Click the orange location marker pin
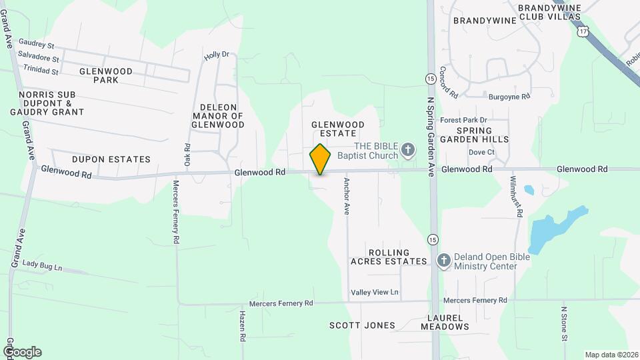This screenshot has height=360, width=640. [321, 159]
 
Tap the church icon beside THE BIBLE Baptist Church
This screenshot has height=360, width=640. [408, 151]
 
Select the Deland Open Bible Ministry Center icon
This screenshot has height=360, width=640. [443, 261]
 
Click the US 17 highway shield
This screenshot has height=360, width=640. [584, 31]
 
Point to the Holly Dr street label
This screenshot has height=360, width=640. [217, 55]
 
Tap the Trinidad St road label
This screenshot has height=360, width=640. [41, 69]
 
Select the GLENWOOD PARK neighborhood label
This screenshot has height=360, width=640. [106, 75]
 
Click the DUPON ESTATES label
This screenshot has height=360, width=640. [111, 159]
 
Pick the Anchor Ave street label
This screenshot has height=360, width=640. [347, 195]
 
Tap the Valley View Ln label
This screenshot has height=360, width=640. [375, 293]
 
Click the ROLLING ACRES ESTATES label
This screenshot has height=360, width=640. [389, 256]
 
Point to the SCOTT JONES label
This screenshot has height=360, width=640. [362, 326]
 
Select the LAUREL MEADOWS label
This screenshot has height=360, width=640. [445, 322]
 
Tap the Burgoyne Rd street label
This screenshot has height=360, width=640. [509, 97]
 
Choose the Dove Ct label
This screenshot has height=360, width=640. [481, 152]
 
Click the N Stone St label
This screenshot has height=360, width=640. [564, 323]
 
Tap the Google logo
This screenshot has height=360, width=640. [22, 352]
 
